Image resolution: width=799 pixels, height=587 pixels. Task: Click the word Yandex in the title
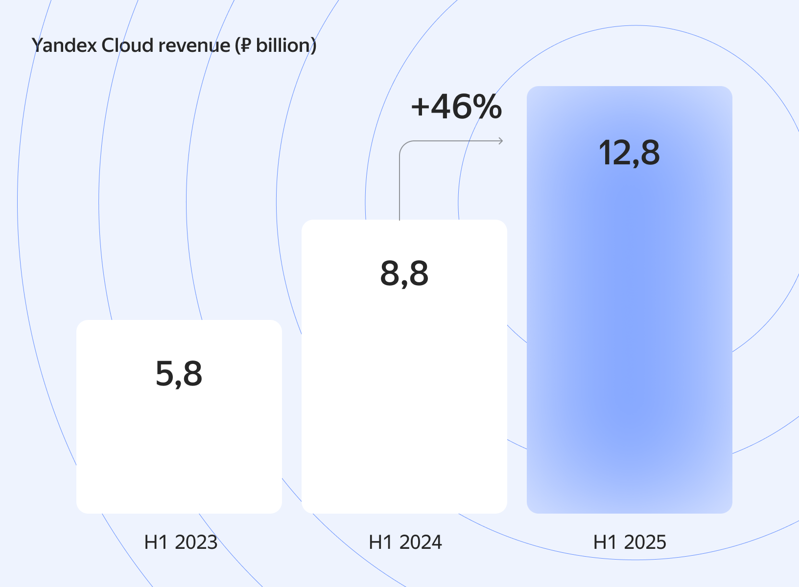click(64, 45)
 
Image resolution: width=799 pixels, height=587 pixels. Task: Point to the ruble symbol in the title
click(245, 45)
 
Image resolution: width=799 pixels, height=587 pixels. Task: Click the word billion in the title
click(282, 45)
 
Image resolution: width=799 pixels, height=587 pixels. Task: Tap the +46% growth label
click(456, 107)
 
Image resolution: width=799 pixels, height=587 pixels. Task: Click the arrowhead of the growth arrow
click(500, 141)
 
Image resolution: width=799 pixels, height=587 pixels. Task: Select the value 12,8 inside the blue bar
click(629, 153)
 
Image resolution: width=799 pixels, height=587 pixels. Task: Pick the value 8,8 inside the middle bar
click(404, 273)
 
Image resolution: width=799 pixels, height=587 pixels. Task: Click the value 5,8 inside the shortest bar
click(179, 374)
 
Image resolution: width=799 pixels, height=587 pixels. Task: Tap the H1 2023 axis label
click(181, 542)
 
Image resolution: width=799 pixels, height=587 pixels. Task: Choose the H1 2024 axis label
click(405, 542)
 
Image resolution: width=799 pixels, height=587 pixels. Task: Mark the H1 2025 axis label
click(630, 542)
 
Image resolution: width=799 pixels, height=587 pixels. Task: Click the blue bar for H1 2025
click(630, 318)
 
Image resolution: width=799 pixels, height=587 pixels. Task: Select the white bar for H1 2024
click(404, 391)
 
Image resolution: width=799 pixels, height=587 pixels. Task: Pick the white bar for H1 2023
click(179, 450)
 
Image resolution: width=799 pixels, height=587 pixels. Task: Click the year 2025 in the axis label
click(645, 542)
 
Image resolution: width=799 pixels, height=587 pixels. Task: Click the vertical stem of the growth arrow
click(399, 186)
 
